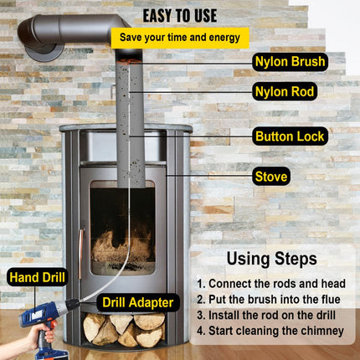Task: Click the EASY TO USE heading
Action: click(179, 15)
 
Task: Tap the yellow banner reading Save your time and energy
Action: click(179, 38)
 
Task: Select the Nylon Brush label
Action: click(289, 61)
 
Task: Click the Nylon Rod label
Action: click(285, 91)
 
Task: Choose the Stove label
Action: click(272, 177)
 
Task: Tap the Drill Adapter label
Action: click(139, 301)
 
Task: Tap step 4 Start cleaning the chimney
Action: click(271, 331)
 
